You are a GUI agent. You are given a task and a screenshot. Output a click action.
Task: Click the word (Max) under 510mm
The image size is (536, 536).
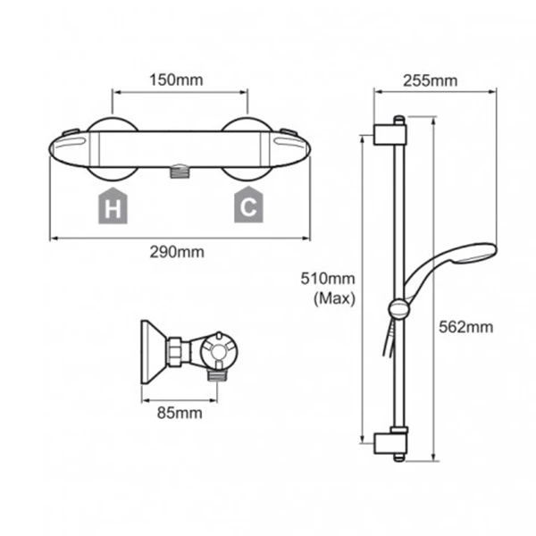tap(333, 299)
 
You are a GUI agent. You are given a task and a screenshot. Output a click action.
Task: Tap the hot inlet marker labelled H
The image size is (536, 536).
tap(112, 207)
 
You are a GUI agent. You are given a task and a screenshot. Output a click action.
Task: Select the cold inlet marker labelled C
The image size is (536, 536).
tap(247, 207)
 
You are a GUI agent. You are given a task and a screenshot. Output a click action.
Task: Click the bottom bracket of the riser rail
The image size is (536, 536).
tap(389, 441)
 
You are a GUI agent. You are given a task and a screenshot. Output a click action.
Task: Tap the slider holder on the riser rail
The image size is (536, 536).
tap(398, 309)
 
